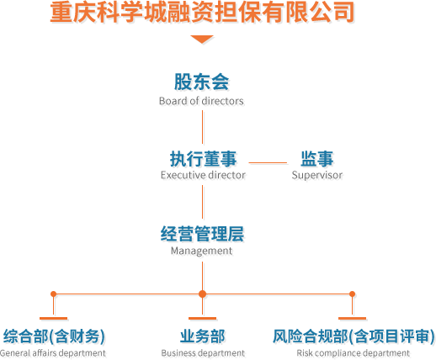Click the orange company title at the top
coord(202,13)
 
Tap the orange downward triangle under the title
coord(202,40)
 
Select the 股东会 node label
coord(201,82)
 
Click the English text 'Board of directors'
coord(201,101)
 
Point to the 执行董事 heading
coord(203,159)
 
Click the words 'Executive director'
coord(203,175)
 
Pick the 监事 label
coord(317,159)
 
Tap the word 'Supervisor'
coord(317,176)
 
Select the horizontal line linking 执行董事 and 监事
coord(268,162)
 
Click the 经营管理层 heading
coord(202,234)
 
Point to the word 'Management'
coord(201,251)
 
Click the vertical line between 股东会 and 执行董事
coord(202,127)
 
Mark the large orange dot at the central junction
coord(202,294)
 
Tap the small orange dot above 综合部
coord(53,294)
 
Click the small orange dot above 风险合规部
coord(352,294)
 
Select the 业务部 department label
coord(202,336)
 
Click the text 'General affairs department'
coord(53,353)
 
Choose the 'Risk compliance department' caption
coord(353,353)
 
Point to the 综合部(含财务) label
coord(54,336)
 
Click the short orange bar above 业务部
coord(202,319)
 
